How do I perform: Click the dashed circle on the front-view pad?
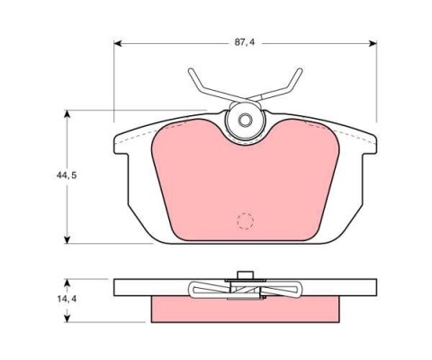click(x=244, y=220)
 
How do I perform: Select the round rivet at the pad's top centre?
click(x=243, y=120)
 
